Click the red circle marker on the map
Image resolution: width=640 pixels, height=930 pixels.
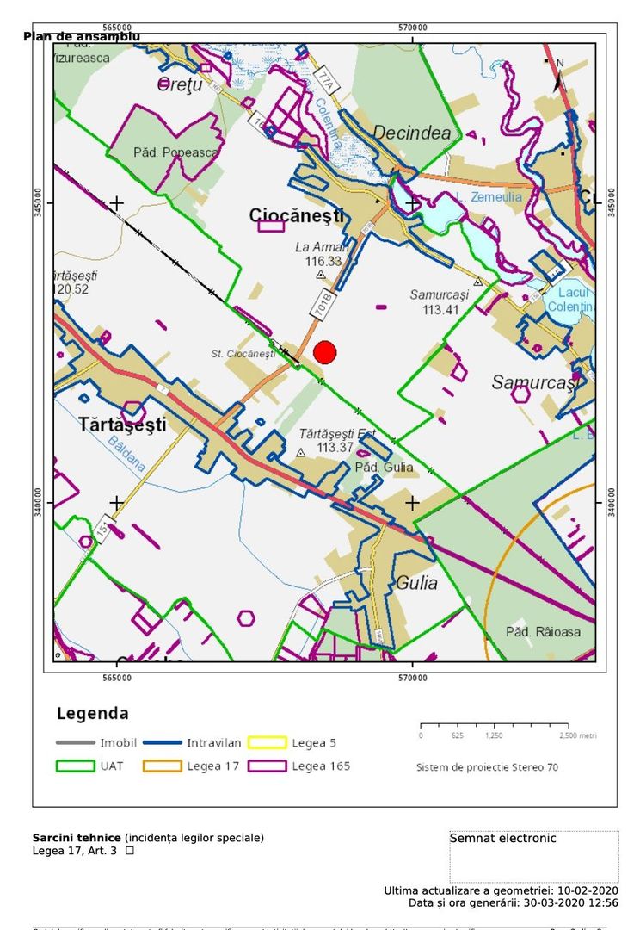click(x=324, y=352)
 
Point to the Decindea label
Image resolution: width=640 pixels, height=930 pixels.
click(x=412, y=133)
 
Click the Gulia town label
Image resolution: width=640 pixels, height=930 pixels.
click(x=416, y=583)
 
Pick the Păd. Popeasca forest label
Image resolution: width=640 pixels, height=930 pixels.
click(x=175, y=152)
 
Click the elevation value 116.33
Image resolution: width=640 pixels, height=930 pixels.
click(x=323, y=261)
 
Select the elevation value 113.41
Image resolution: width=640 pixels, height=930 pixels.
click(x=440, y=309)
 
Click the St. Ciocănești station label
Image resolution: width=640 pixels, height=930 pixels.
click(x=243, y=353)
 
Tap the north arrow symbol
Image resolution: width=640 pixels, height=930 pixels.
click(x=558, y=77)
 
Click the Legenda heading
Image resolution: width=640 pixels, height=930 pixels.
click(x=93, y=713)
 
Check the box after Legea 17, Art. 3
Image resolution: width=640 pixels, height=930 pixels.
click(x=130, y=851)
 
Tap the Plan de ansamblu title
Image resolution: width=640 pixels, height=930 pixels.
click(x=82, y=36)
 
